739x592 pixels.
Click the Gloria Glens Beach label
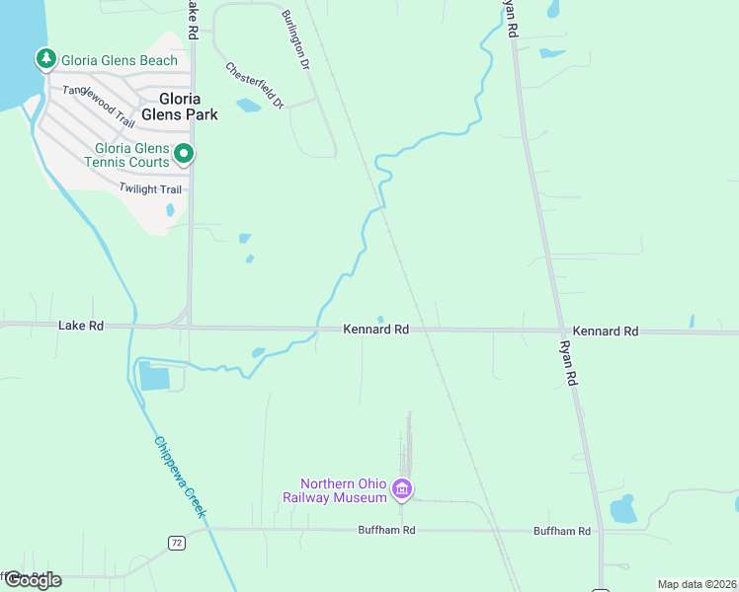coord(120,60)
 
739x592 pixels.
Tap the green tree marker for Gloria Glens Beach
coord(45,60)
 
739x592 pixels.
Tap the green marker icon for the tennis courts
coord(184,154)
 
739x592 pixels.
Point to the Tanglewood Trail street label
coord(98,106)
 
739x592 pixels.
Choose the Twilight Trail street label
coord(151,188)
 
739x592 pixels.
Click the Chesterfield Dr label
coord(254,86)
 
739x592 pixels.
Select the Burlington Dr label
coord(295,39)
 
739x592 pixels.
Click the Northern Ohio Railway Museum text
coord(343,490)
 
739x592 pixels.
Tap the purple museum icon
coord(401,488)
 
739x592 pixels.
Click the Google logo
coord(32,579)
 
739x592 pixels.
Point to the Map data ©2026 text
coord(698,584)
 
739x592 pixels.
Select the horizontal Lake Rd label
coord(81,325)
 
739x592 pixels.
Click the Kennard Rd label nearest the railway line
coord(375,330)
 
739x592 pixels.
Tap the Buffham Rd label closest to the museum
coord(386,531)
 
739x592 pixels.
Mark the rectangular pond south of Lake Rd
coord(155,376)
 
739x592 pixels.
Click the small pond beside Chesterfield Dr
coord(248,106)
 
